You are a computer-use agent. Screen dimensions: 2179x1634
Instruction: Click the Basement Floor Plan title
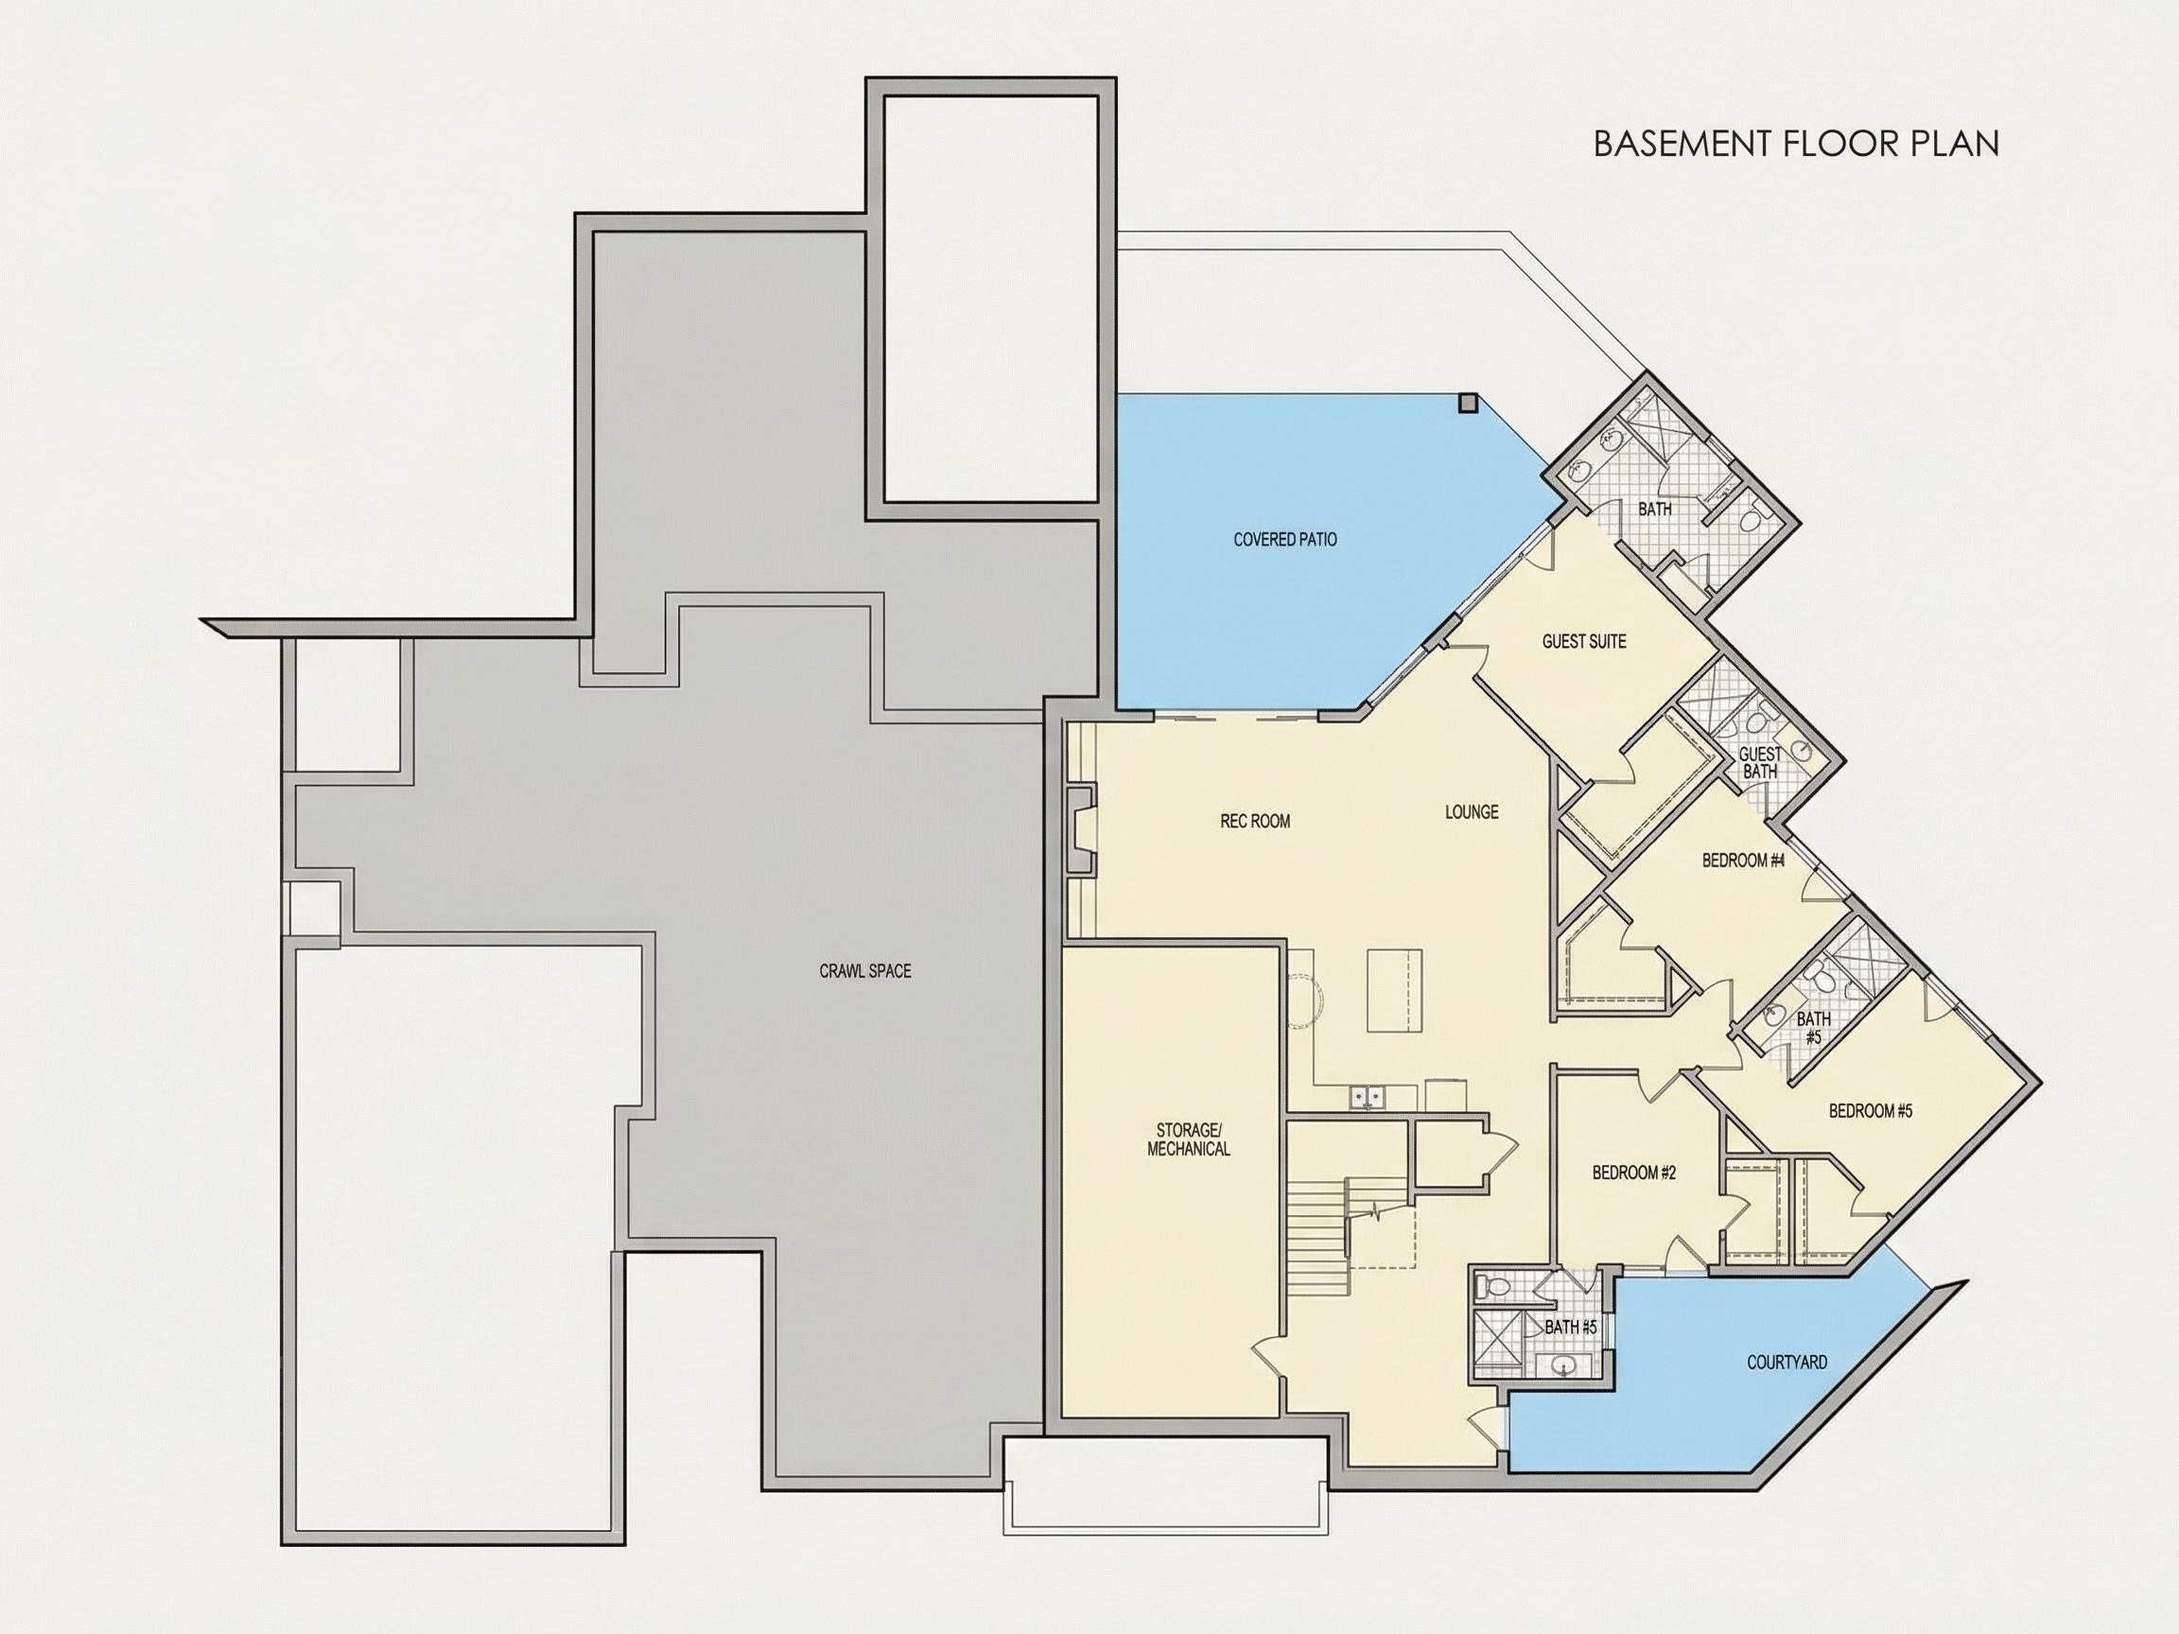[x=1796, y=144]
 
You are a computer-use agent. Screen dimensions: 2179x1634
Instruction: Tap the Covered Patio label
[x=1284, y=540]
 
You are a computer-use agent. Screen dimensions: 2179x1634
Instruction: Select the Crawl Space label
[x=865, y=971]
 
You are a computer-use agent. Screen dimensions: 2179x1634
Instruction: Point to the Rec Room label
[x=1255, y=821]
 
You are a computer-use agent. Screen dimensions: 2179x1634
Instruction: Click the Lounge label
[x=1472, y=811]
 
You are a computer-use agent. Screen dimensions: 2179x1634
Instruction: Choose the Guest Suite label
[x=1584, y=641]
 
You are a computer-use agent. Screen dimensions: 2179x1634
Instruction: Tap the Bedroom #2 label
[x=1634, y=1173]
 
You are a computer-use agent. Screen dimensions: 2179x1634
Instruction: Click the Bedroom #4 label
[x=1744, y=860]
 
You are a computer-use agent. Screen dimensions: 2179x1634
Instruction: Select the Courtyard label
[x=1787, y=1363]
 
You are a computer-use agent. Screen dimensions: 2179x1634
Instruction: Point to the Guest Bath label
[x=1759, y=763]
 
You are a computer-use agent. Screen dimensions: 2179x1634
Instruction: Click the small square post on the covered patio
[x=1468, y=402]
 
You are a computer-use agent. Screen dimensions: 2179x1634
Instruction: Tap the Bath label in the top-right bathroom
[x=1655, y=510]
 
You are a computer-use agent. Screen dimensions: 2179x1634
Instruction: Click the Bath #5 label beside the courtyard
[x=1570, y=1328]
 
